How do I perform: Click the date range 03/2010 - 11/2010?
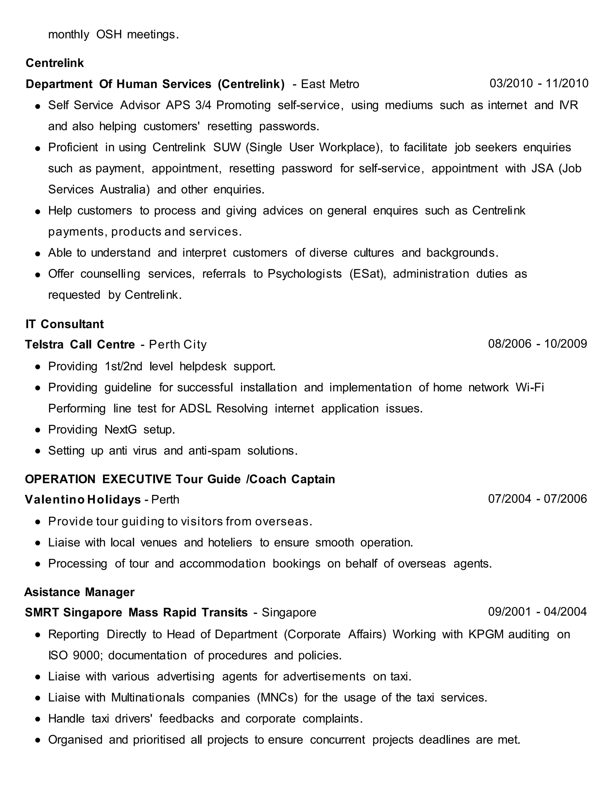click(538, 83)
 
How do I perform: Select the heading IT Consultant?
click(65, 324)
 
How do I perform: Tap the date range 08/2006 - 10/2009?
click(538, 344)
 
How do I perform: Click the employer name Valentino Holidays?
click(83, 499)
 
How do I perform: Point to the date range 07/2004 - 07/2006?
click(538, 499)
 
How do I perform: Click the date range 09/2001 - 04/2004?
click(538, 612)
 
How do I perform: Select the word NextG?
click(121, 429)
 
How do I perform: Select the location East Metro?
click(330, 84)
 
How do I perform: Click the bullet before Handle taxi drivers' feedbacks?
click(37, 719)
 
